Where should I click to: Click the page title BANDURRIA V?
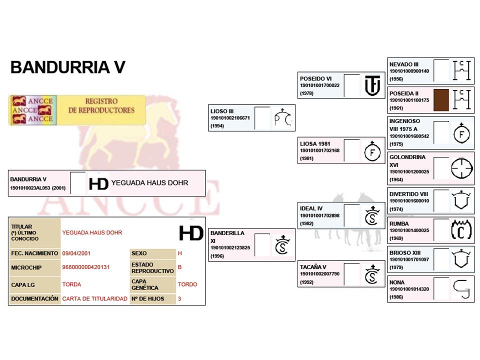[x=67, y=67]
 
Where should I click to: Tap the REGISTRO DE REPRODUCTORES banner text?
[x=101, y=105]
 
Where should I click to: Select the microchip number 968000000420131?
[x=85, y=267]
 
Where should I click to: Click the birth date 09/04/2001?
[x=76, y=253]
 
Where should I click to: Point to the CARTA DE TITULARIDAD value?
[x=94, y=298]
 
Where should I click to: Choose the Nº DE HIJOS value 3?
[x=179, y=298]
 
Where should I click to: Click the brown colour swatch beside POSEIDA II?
[x=441, y=99]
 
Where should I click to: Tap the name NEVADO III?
[x=404, y=64]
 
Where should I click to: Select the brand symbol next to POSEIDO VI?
[x=372, y=85]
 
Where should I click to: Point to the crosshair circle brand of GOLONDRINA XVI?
[x=461, y=168]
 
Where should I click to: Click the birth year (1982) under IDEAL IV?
[x=306, y=223]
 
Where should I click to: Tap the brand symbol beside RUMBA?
[x=461, y=229]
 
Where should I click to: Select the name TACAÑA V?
[x=313, y=266]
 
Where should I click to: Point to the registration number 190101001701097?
[x=409, y=260]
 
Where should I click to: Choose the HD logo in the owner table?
[x=191, y=233]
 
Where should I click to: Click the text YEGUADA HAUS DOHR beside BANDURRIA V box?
[x=149, y=183]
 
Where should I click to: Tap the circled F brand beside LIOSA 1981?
[x=372, y=151]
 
